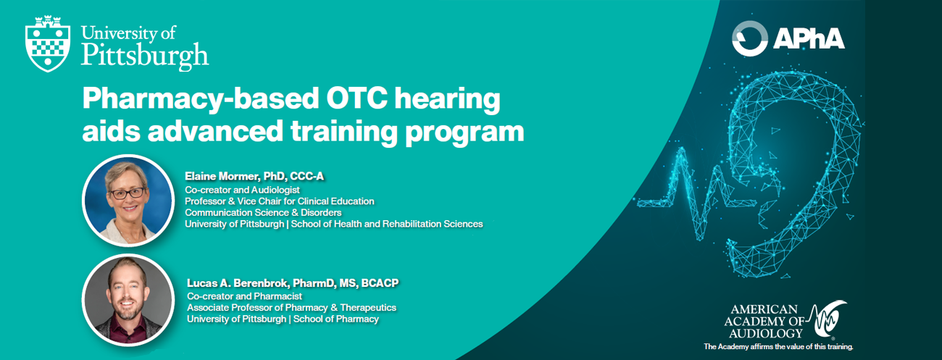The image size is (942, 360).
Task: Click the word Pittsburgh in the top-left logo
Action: [145, 56]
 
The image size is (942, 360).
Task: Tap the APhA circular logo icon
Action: [750, 38]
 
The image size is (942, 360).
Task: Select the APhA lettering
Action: [809, 38]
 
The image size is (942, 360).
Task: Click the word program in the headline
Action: [464, 133]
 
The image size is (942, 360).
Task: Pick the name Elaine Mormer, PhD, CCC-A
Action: [254, 176]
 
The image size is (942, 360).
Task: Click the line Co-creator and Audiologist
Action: [242, 190]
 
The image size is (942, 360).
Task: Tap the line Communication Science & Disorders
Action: [263, 213]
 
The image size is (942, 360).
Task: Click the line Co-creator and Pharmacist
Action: [244, 296]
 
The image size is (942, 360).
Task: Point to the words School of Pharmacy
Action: [336, 319]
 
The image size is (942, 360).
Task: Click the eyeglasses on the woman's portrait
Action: [128, 193]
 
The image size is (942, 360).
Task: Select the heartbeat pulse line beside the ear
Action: [690, 198]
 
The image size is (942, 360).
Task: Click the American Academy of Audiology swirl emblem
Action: [828, 320]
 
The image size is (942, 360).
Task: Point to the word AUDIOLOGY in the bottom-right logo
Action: [766, 334]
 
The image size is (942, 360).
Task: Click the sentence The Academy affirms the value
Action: [778, 347]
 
